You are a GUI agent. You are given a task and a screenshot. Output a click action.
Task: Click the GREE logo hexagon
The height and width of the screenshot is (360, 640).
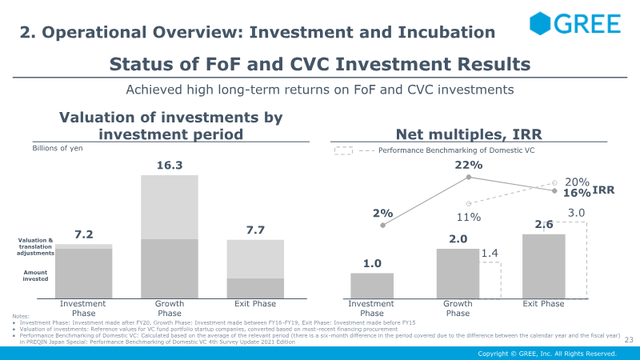[545, 24]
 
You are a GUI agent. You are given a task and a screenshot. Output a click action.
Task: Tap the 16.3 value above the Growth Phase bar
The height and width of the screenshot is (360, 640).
[169, 166]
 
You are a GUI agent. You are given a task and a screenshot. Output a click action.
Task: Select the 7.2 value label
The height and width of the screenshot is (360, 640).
[84, 234]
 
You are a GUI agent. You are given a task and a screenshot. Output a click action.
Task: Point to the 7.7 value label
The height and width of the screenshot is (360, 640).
[254, 230]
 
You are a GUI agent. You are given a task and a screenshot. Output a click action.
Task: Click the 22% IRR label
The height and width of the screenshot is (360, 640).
[469, 166]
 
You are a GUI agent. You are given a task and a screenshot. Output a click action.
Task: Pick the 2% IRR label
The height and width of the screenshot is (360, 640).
[382, 214]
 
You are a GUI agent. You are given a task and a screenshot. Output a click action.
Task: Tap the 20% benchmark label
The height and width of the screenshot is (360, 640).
[577, 182]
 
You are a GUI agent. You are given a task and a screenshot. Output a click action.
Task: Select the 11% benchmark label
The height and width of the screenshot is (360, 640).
[469, 217]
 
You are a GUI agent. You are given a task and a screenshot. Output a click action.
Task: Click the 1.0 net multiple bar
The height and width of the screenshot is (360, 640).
[372, 286]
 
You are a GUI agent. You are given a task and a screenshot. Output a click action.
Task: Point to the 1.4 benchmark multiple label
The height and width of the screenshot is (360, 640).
[490, 253]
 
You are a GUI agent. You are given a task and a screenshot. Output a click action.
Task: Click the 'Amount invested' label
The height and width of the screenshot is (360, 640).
[35, 276]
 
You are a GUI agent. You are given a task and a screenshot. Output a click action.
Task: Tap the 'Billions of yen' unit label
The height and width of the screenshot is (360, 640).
[58, 148]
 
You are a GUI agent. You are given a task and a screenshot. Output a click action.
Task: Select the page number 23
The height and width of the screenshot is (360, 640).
[628, 338]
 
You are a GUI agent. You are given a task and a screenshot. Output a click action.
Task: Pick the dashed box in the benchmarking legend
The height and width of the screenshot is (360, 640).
[342, 150]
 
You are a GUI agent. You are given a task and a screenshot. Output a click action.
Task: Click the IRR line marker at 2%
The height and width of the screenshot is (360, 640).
[382, 226]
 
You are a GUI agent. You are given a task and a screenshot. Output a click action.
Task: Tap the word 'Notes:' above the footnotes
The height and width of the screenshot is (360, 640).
[22, 316]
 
